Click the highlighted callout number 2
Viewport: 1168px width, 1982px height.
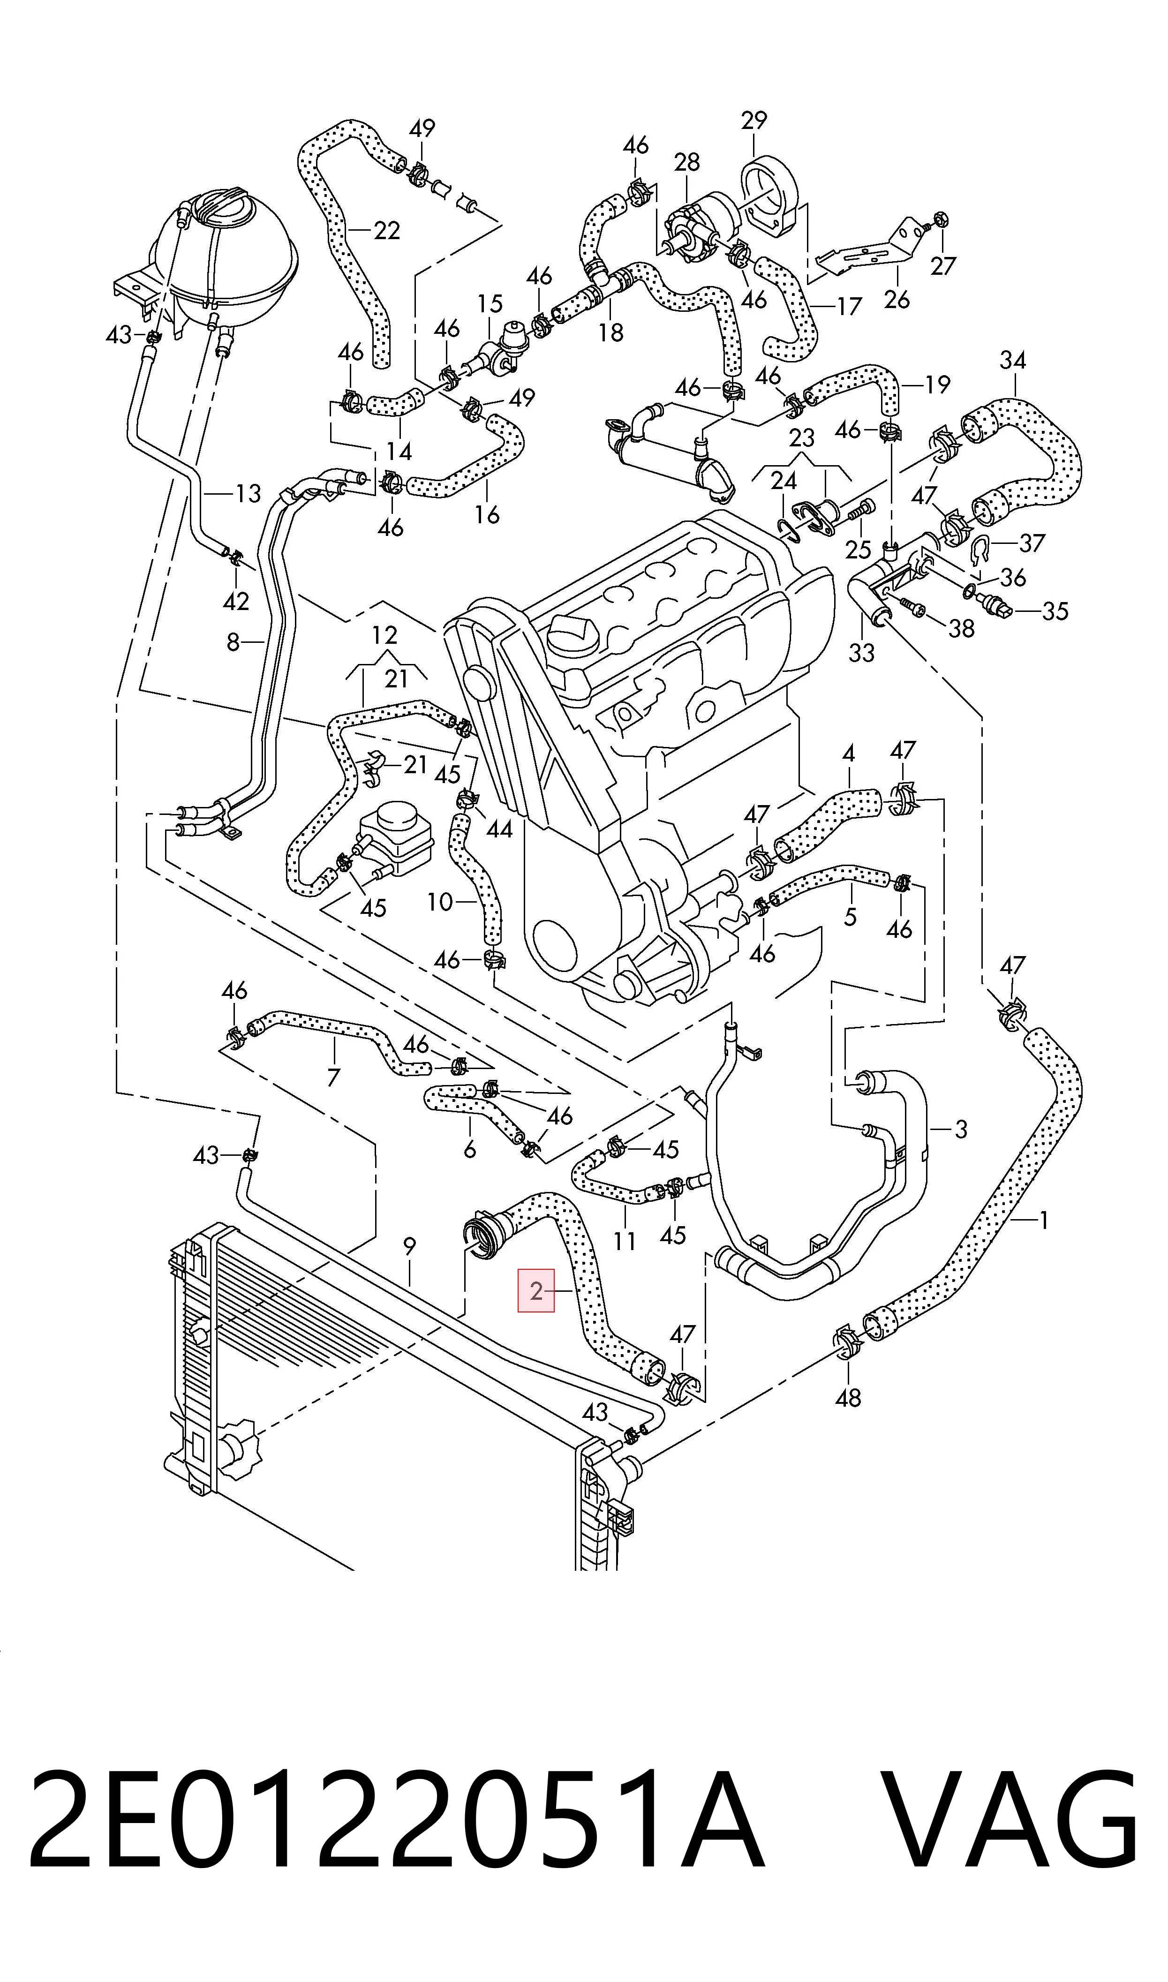pos(536,1291)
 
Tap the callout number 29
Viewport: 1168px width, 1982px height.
pos(754,121)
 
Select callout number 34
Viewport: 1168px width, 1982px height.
pos(1013,361)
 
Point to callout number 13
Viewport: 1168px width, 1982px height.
pos(248,494)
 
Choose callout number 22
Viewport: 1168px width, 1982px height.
pos(386,231)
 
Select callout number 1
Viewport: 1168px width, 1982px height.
pos(1044,1221)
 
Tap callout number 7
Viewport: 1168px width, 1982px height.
pos(333,1077)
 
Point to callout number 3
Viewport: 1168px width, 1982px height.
pos(960,1130)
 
